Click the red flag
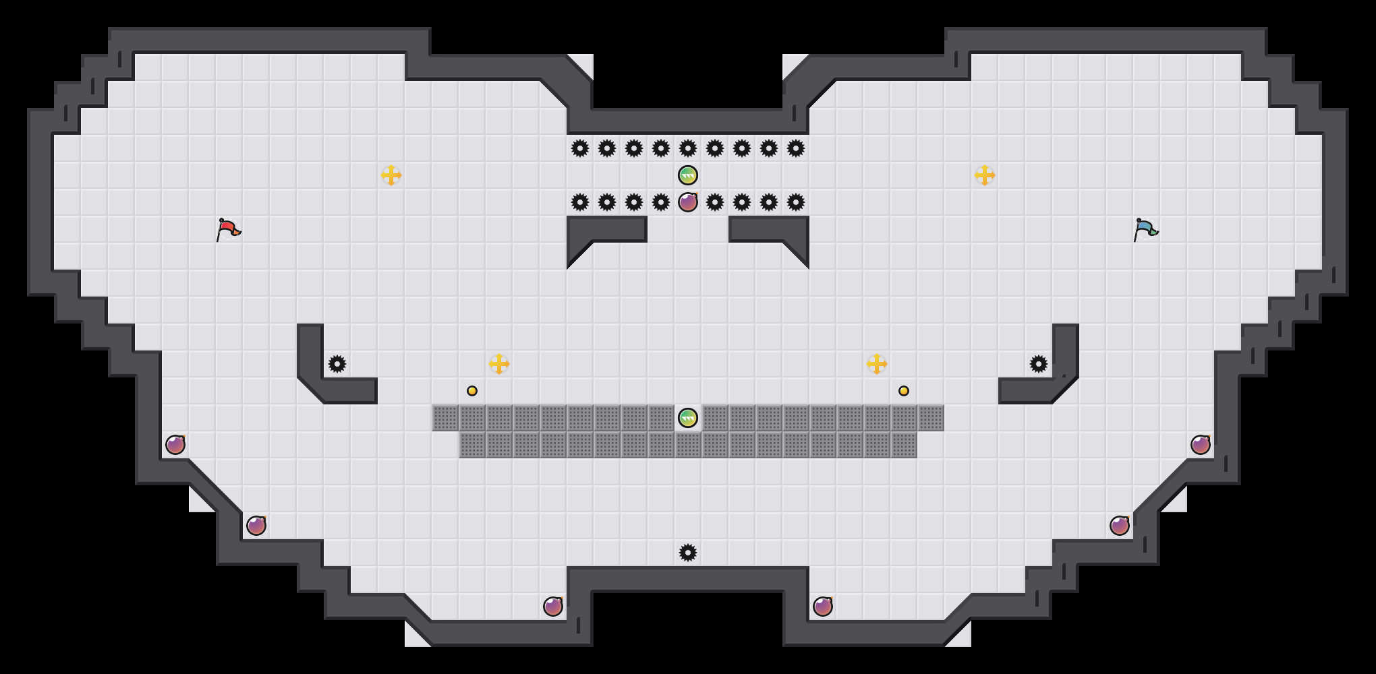[228, 229]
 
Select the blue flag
[1145, 229]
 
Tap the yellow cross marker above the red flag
[391, 175]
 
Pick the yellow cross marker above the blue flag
[985, 175]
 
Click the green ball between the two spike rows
[688, 175]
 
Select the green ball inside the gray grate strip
[688, 418]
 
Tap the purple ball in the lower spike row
[688, 202]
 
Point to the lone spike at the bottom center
[688, 553]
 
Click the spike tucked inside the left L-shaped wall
[337, 364]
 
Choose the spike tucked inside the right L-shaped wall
[1039, 364]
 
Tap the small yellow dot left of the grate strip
[472, 391]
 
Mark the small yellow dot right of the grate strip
[904, 391]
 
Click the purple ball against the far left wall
[175, 445]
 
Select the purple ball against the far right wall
[1201, 445]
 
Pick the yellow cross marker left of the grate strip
[499, 364]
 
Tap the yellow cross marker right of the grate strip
[877, 364]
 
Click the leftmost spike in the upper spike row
[580, 148]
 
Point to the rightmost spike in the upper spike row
[796, 148]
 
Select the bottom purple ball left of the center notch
[553, 607]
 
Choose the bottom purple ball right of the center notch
[823, 607]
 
